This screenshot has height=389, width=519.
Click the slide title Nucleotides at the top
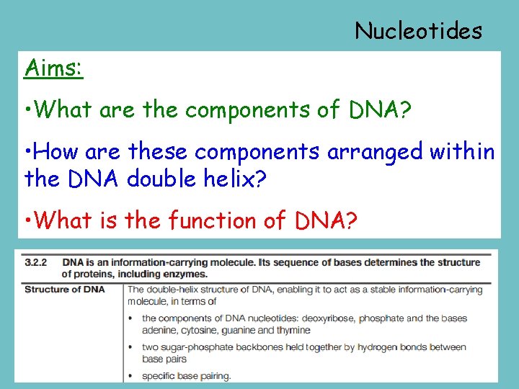coord(418,31)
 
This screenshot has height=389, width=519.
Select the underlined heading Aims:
coord(53,68)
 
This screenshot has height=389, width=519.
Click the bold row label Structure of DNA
coord(64,290)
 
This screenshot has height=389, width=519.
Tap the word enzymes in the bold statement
coord(187,274)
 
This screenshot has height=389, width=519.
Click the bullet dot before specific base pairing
coord(130,376)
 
